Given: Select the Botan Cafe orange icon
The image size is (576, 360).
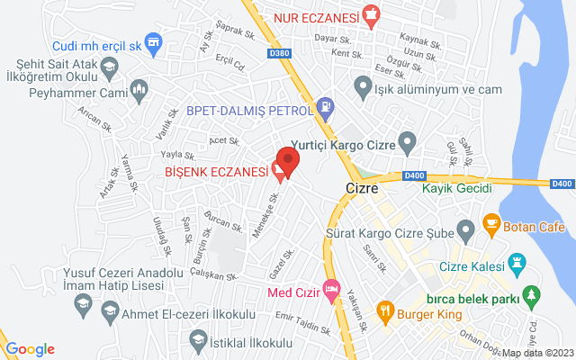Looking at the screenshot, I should pos(490,221).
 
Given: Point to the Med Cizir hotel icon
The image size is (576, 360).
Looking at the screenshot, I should pos(331,292).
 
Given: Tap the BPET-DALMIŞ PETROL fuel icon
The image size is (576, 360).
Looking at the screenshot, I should pos(325,110).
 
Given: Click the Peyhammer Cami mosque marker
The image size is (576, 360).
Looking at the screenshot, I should pos(139,88).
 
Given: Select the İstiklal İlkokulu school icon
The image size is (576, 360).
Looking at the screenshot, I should pos(198,338).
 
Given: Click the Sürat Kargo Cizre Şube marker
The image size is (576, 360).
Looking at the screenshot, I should pos(465,228).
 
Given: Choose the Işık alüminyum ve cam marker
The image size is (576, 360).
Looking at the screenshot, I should pos(363,87).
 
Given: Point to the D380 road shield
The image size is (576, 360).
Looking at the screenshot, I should pos(280,52).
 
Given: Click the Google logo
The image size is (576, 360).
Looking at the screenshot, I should pos(30,349).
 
